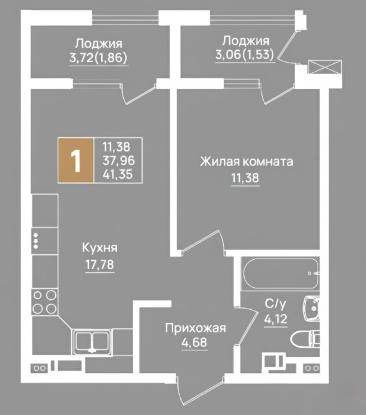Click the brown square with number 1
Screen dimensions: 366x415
pos(76,160)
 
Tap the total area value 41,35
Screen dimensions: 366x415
pos(118,174)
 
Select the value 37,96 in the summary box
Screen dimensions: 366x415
pos(119,160)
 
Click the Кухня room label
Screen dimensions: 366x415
pos(100,248)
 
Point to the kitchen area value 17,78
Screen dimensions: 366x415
pos(100,264)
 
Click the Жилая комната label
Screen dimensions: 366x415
pos(246,161)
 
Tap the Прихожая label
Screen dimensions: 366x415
pos(196,328)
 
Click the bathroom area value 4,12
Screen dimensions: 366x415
pos(276,319)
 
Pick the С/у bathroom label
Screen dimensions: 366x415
pos(276,304)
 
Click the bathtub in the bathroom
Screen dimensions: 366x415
pos(281,273)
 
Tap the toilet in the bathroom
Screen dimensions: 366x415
pos(305,338)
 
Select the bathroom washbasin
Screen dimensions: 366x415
pos(311,309)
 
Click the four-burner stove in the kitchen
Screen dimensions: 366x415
pos(45,302)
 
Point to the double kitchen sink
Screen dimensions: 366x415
pos(92,342)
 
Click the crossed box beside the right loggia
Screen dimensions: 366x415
pos(325,67)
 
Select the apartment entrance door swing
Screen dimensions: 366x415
pos(200,389)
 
